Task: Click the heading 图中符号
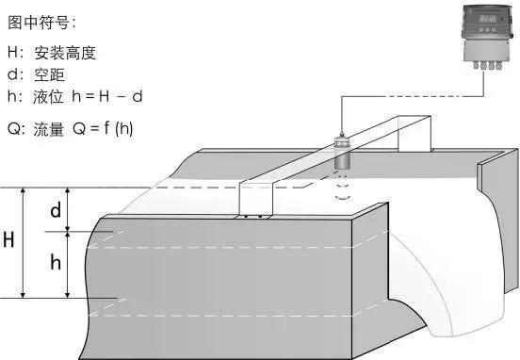(42, 21)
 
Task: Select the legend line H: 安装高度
(53, 55)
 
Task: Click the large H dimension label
(8, 239)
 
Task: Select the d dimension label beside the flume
(56, 210)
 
